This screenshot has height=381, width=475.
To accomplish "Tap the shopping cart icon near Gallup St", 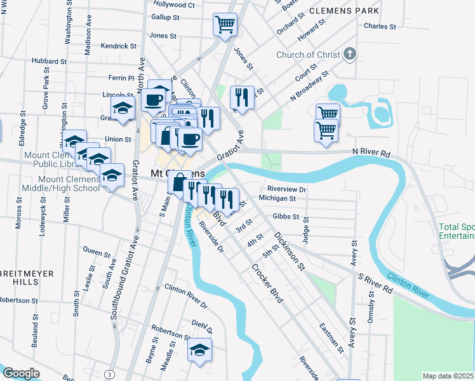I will (225, 25).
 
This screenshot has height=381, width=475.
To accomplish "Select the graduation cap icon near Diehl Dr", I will (199, 349).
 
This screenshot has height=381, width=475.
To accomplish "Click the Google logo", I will (21, 373).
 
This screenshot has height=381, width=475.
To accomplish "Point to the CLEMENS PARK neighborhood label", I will (344, 11).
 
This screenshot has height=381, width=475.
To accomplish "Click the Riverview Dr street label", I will (287, 189).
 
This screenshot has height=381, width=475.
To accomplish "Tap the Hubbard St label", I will (50, 62).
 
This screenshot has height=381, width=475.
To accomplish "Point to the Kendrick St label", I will (119, 46).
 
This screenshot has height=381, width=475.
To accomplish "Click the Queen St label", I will (97, 252).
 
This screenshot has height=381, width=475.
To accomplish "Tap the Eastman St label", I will (331, 337).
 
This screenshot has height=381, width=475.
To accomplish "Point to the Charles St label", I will (380, 27).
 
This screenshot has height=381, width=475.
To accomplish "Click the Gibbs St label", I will (286, 217).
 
